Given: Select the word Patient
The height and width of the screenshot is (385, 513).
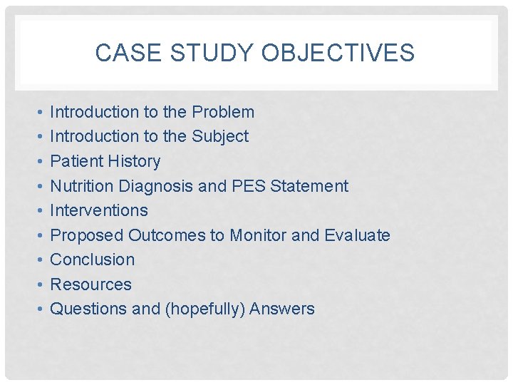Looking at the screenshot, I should click(74, 161).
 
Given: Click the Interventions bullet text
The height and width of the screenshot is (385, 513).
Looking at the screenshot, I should click(99, 210).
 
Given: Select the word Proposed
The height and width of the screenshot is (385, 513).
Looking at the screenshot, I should click(87, 235).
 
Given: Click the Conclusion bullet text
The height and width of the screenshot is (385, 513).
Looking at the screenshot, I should click(92, 260).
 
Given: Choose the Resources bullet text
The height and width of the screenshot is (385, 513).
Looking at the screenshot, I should click(90, 284).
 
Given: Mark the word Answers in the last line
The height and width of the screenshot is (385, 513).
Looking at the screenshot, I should click(282, 309).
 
